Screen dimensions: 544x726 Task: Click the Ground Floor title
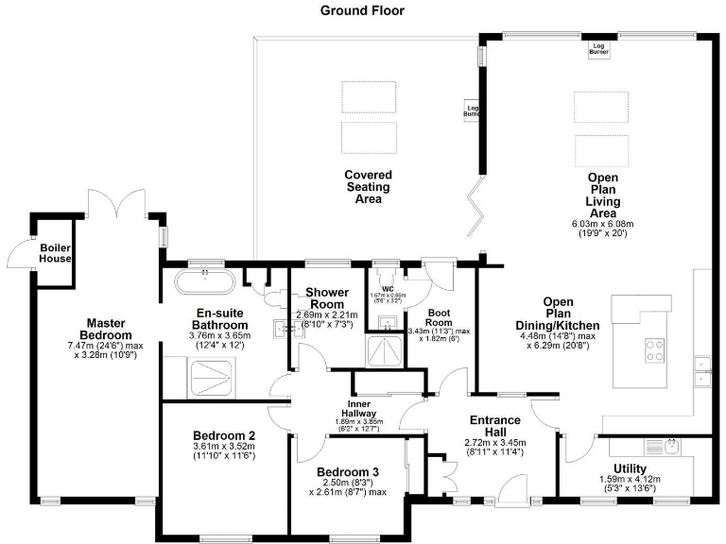pyautogui.click(x=362, y=10)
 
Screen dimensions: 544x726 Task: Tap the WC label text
pyautogui.click(x=387, y=290)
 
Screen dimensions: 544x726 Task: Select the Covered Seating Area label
pyautogui.click(x=368, y=187)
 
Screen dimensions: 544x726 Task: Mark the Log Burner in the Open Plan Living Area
pyautogui.click(x=597, y=48)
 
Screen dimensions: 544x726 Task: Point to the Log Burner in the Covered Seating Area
pyautogui.click(x=472, y=110)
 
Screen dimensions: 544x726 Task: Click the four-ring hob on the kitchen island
pyautogui.click(x=653, y=350)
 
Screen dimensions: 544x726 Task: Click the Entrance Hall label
pyautogui.click(x=494, y=421)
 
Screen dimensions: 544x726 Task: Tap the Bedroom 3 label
pyautogui.click(x=348, y=472)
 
